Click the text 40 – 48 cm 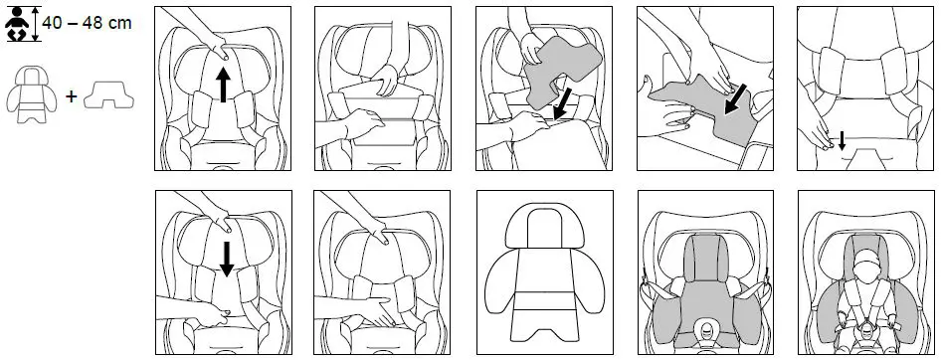[x=88, y=23]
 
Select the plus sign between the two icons [x=70, y=97]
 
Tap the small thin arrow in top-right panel [x=842, y=141]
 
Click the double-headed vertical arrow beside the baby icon [x=37, y=23]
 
